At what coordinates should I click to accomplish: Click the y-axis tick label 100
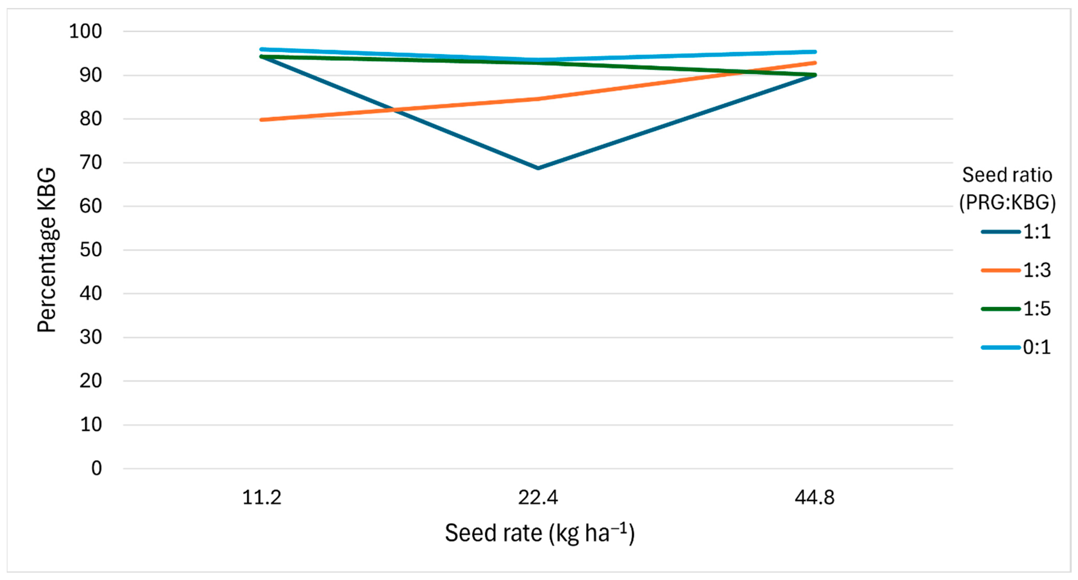[x=85, y=31]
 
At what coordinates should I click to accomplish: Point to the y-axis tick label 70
[x=91, y=162]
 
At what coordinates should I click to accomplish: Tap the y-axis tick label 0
[x=97, y=468]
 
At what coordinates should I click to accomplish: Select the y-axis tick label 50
[x=91, y=250]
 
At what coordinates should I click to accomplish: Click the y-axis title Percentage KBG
[x=47, y=250]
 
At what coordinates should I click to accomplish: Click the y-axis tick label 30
[x=91, y=337]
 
